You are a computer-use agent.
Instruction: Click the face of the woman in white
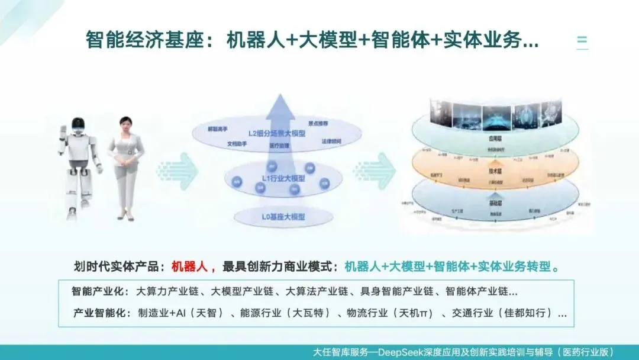126,126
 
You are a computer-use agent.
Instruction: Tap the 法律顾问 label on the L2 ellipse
331,141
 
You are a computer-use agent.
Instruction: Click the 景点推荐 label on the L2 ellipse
318,123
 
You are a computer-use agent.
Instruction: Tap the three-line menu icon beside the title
582,41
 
